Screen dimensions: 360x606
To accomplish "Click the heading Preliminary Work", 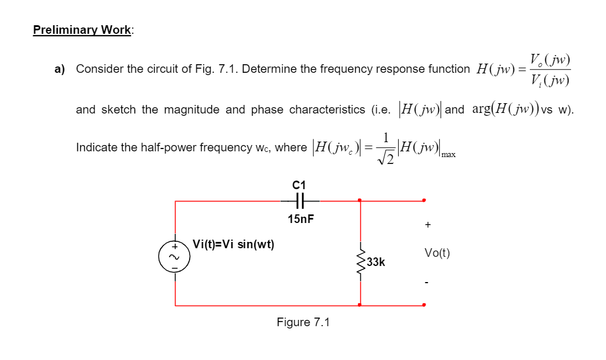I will (x=82, y=30).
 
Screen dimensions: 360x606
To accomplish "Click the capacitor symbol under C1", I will (x=299, y=201).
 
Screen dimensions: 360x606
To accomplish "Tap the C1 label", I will (x=299, y=185).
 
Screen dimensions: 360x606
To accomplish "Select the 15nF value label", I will (x=301, y=219).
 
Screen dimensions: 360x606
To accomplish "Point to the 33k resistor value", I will (x=376, y=263).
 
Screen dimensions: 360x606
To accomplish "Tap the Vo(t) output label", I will (x=437, y=253).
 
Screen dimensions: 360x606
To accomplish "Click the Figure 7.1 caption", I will (x=303, y=322).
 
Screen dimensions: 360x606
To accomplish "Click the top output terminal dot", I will (x=424, y=200).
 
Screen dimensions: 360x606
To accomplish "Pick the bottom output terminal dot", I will (x=424, y=305).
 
